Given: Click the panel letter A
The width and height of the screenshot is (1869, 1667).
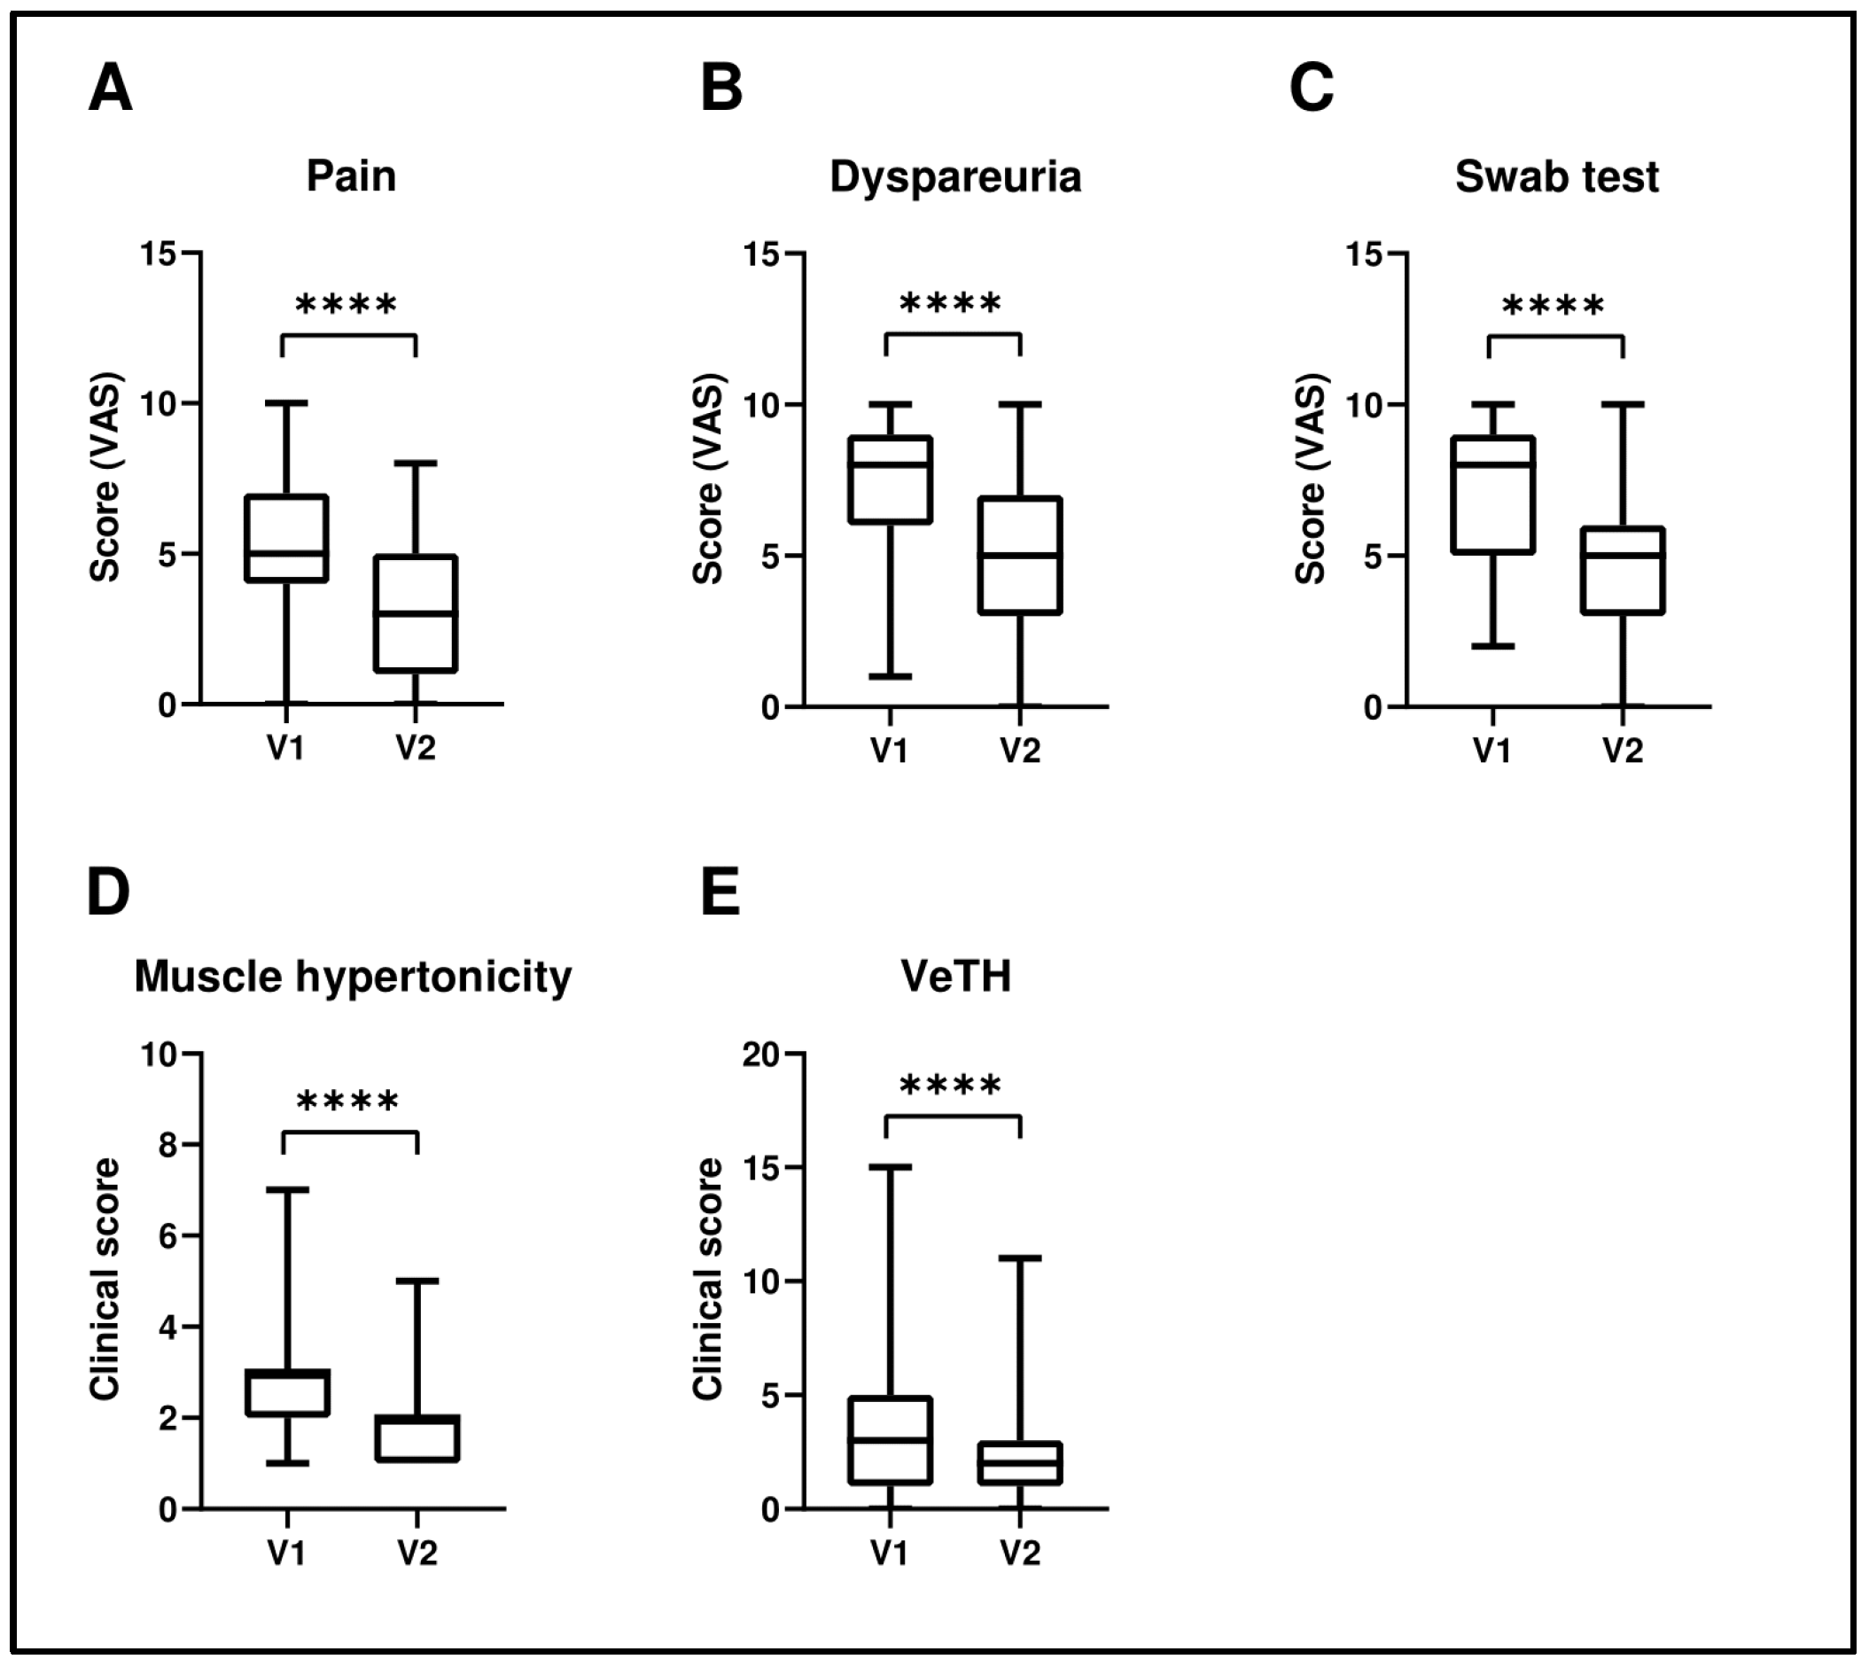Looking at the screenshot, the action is pos(110,89).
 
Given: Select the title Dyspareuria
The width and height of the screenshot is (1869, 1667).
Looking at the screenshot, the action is pos(955,176).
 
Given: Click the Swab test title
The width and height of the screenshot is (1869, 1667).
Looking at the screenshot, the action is pos(1557,175).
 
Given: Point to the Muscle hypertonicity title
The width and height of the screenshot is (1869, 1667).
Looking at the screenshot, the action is pos(353,977).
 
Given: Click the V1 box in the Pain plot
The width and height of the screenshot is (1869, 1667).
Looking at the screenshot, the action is pos(286,538).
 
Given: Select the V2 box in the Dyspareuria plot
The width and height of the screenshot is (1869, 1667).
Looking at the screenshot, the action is pos(1020,555).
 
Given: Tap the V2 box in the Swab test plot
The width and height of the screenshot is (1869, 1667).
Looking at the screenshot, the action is pos(1623,570).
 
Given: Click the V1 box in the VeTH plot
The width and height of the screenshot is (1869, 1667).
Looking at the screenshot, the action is pos(890,1440).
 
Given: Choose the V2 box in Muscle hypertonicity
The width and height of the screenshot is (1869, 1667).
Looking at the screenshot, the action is pos(417,1438).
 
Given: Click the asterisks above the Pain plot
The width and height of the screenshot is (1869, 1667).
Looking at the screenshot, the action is pos(347,304).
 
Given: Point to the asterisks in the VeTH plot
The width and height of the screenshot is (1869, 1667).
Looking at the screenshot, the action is pos(951,1087).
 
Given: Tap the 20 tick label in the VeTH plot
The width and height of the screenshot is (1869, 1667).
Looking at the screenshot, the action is pos(761,1055).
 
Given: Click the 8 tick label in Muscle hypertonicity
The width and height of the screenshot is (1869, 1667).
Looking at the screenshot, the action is pos(168,1145).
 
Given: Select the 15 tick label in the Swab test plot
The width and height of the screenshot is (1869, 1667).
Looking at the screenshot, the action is pos(1365,253).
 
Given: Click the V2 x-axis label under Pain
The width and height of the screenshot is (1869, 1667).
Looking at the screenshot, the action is pos(416,748).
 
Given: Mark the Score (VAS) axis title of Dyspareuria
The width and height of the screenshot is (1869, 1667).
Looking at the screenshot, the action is pos(709,478).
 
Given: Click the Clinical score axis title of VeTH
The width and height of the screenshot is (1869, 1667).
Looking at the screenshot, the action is pos(709,1279).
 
